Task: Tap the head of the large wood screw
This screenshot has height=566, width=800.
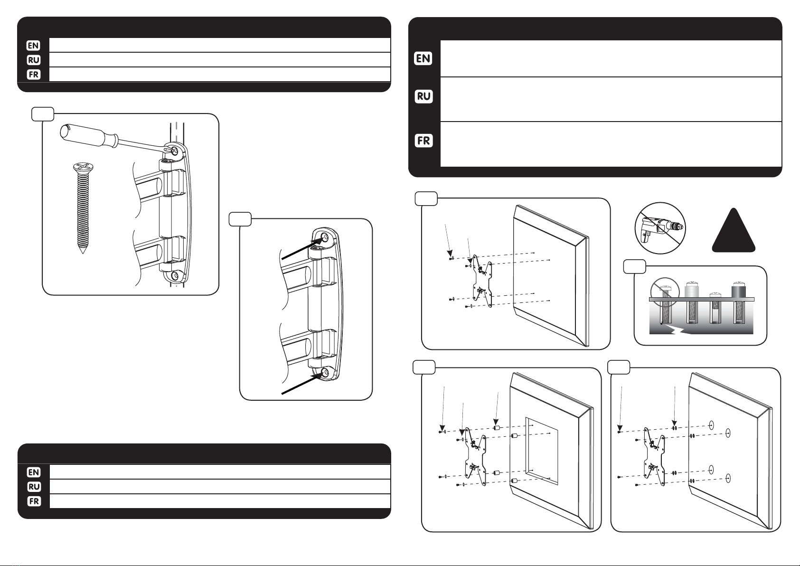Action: (83, 168)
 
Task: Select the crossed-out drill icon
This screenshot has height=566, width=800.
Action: (659, 228)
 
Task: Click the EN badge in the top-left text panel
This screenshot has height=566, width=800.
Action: (33, 46)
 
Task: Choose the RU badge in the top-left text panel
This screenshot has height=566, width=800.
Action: (33, 60)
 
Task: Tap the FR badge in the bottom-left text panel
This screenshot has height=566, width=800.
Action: (33, 501)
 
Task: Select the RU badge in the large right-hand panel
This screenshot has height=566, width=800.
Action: (424, 96)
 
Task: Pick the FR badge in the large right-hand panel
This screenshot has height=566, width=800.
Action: (424, 141)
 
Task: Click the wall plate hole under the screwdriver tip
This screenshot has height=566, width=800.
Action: (175, 151)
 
